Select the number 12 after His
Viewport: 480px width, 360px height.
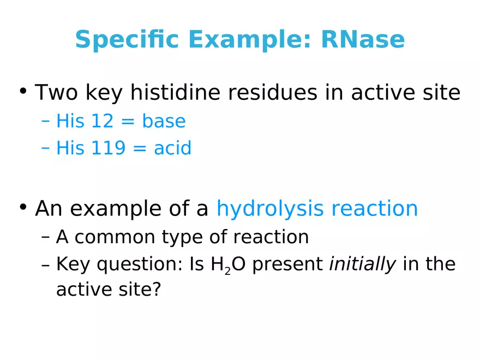pos(101,121)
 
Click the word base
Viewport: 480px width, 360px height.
pos(164,121)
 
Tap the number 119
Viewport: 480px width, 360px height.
pos(108,148)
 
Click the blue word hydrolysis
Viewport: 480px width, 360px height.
pos(271,208)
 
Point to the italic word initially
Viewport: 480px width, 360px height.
pos(363,264)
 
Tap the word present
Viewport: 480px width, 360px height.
pos(287,265)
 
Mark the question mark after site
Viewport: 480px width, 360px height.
pos(157,290)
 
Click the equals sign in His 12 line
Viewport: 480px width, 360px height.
pos(127,122)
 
